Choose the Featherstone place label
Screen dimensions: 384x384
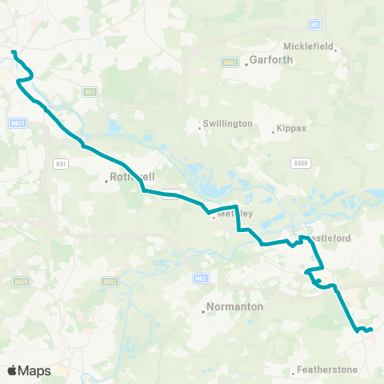tap(326, 370)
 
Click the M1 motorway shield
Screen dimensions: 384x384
tap(317, 25)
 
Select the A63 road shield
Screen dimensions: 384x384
tap(89, 92)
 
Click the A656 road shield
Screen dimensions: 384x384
tap(301, 163)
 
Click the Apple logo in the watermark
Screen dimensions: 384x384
tap(12, 371)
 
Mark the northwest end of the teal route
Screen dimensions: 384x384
tap(13, 53)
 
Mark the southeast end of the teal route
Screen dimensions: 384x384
tap(371, 329)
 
